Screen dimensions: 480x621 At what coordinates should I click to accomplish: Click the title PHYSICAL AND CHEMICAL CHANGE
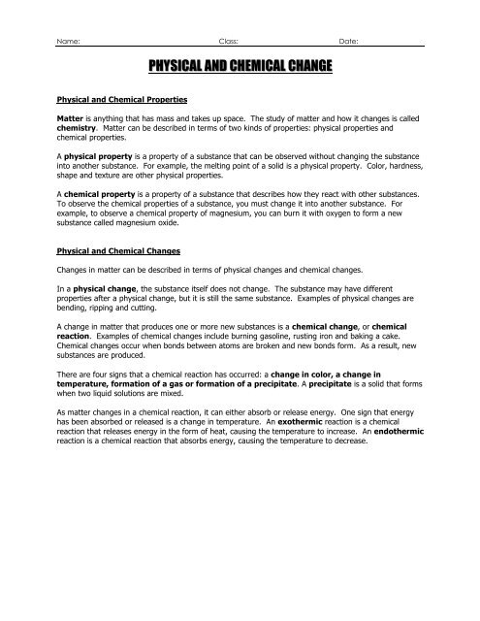[x=240, y=67]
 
